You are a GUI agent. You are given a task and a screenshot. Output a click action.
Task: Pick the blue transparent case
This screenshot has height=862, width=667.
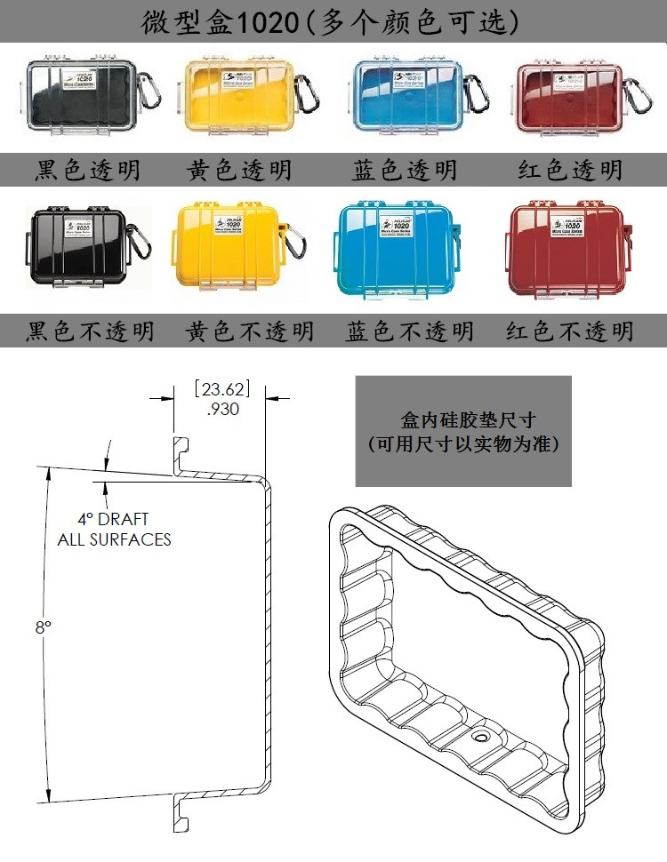tap(398, 98)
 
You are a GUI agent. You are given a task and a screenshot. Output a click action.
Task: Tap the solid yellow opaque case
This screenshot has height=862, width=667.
tap(231, 247)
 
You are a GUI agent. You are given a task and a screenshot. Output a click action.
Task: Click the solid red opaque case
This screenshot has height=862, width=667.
tap(566, 247)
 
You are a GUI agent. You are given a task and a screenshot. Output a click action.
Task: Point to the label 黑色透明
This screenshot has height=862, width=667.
tap(88, 170)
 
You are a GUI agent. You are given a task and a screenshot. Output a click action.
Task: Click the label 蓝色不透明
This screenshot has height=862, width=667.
tap(409, 331)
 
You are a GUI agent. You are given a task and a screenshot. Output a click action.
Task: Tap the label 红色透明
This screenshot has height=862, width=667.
tap(570, 170)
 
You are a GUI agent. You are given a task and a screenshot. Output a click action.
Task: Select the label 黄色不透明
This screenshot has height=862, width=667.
tap(250, 331)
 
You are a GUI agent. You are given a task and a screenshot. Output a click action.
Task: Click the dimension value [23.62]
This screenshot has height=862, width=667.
tap(221, 389)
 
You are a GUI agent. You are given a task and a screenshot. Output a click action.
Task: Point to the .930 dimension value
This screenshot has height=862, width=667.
tap(221, 410)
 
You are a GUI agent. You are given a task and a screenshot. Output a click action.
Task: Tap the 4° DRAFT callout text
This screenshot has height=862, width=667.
tap(113, 519)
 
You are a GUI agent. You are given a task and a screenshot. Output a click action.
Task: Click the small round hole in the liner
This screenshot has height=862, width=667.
tap(480, 737)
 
